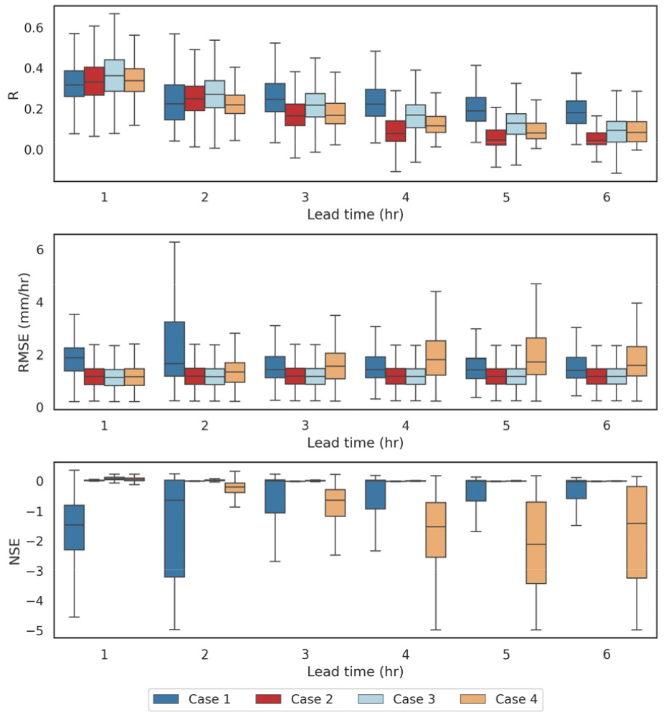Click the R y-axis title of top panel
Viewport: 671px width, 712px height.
coord(13,93)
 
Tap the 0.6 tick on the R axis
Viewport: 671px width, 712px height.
coord(35,28)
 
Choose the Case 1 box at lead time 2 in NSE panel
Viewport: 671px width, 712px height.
coord(175,529)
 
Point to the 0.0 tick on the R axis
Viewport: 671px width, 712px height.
coord(35,150)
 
